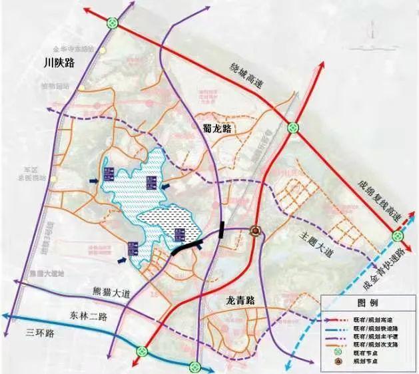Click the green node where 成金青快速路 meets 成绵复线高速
click(398, 236)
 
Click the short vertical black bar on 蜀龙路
click(221, 229)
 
